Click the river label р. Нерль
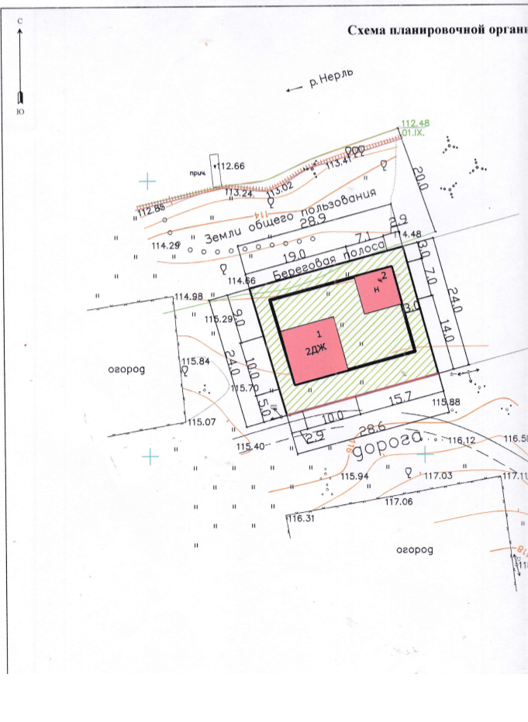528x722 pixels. coord(331,81)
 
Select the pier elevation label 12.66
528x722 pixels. coord(233,166)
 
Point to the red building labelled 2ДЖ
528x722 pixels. coord(313,349)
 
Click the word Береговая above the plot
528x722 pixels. coord(305,268)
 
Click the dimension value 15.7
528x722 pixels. coord(399,397)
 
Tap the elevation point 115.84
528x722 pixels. coord(196,361)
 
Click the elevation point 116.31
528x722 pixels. coord(300,519)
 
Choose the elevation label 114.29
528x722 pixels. coord(167,246)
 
